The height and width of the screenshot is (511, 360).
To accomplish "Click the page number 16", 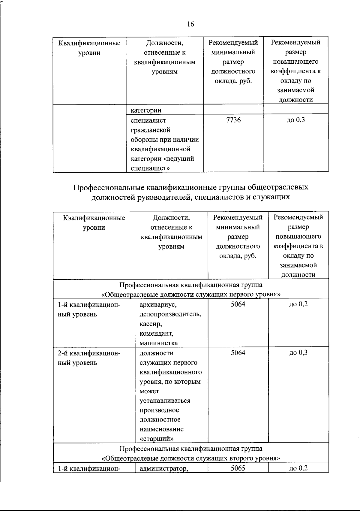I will click(190, 24).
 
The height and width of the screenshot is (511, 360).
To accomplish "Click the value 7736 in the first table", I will click(233, 120).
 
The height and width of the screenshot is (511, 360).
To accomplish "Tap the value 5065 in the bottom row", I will click(238, 468).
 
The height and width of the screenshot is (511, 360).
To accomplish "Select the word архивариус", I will click(158, 304).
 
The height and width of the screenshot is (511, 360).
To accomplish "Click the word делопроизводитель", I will click(170, 314).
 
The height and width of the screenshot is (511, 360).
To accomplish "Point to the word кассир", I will click(151, 324).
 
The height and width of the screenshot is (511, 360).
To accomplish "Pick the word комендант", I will click(156, 333).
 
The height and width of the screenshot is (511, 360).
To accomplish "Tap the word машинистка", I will click(158, 343).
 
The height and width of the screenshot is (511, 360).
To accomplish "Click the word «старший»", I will click(156, 439).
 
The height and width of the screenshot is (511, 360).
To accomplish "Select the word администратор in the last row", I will click(163, 468).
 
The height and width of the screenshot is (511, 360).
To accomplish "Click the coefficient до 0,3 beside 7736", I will click(296, 120).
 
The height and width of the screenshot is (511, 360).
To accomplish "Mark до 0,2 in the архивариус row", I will click(298, 304).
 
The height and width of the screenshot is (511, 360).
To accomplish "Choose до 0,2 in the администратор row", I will click(298, 468).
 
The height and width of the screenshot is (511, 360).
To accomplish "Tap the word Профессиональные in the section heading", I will click(109, 187).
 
